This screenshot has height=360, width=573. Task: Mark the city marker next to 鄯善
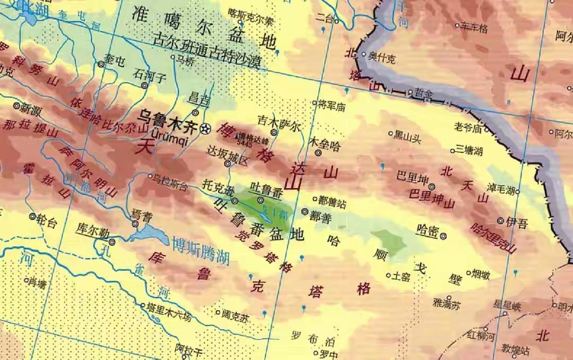click(305, 211)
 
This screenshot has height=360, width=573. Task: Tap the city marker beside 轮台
click(32, 217)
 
